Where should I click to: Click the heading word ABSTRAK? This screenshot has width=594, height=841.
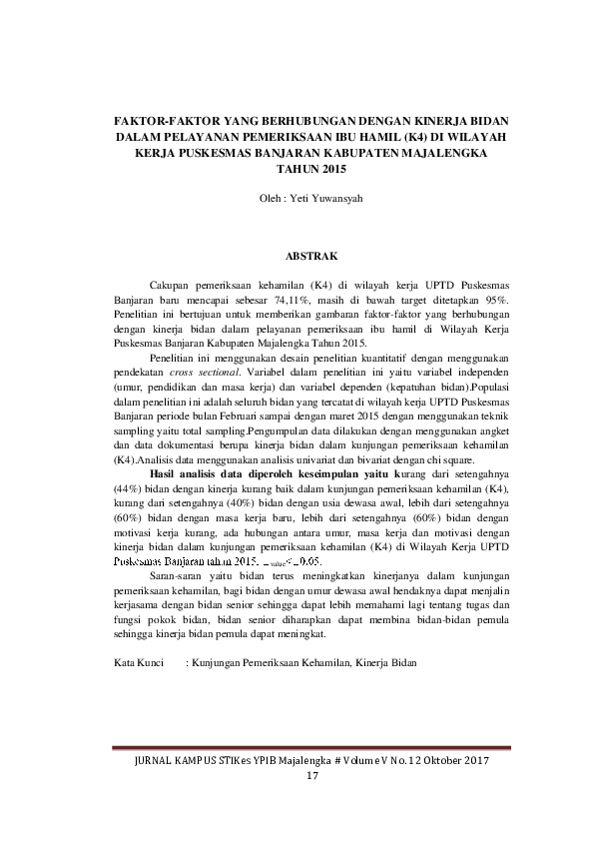pyautogui.click(x=297, y=257)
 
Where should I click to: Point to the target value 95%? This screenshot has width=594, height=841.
pyautogui.click(x=496, y=299)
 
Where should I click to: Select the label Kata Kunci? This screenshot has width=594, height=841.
pyautogui.click(x=137, y=662)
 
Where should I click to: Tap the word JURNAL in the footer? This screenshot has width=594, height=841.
pyautogui.click(x=151, y=762)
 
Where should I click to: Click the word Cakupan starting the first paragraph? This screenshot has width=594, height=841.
pyautogui.click(x=171, y=285)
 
